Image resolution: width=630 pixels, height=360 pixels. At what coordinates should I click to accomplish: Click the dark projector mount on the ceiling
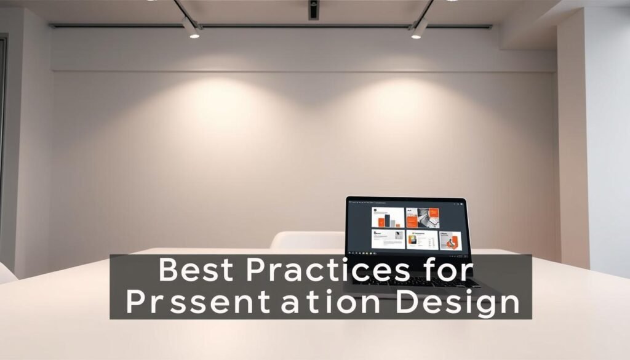tap(313, 9)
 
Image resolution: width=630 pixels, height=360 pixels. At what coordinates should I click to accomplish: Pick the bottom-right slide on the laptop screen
tap(450, 241)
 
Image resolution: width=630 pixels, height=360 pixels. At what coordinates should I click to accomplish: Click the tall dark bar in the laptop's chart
tap(388, 219)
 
